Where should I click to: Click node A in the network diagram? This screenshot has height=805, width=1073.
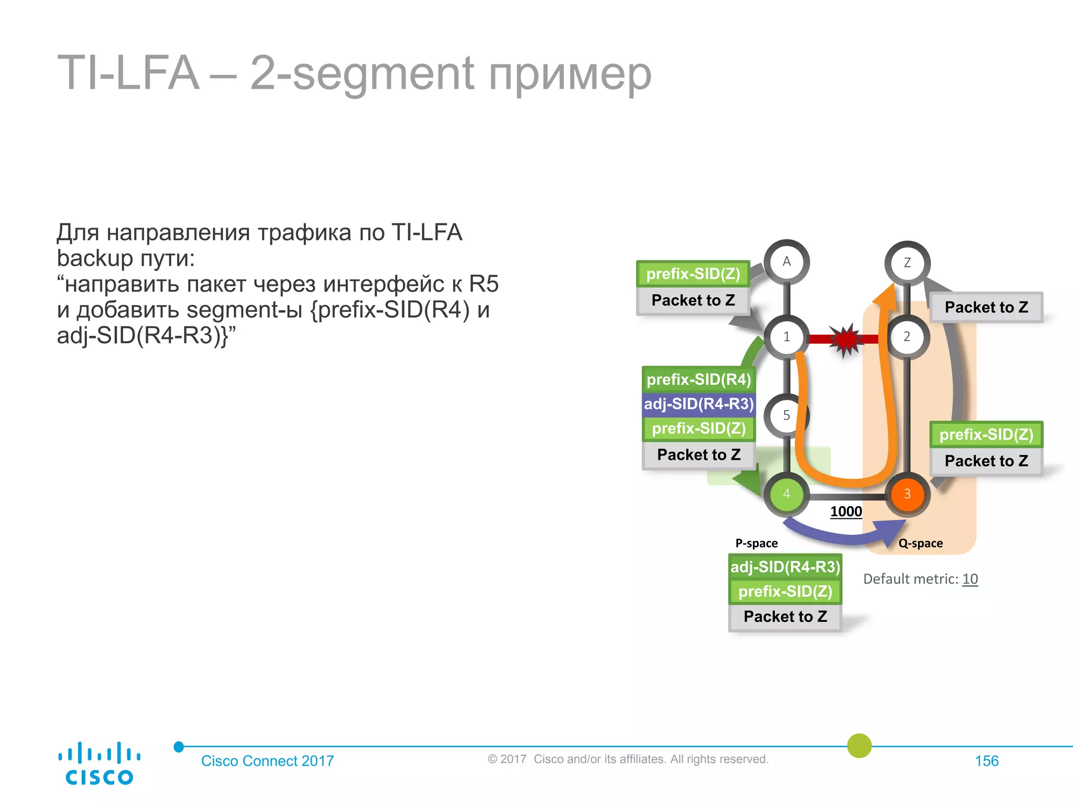(x=786, y=262)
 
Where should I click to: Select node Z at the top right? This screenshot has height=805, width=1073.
(x=907, y=263)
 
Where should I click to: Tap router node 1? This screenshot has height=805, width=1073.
(x=786, y=337)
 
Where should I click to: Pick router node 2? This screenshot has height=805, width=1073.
(x=907, y=337)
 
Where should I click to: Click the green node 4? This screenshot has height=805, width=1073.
(x=786, y=494)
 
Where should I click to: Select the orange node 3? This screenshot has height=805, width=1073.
(x=907, y=494)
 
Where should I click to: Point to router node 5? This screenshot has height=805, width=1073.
(x=786, y=416)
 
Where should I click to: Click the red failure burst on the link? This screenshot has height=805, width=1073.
(x=845, y=340)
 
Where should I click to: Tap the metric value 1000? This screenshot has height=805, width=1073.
(x=846, y=512)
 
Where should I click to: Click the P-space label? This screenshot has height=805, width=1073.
(x=757, y=543)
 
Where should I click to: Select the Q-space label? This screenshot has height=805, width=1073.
(x=921, y=543)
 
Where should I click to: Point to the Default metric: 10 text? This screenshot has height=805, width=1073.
(x=921, y=579)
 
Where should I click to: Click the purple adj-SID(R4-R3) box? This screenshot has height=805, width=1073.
(x=698, y=404)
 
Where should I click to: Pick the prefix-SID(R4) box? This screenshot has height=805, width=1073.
(x=698, y=379)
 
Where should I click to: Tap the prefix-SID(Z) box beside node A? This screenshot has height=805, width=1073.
(x=693, y=274)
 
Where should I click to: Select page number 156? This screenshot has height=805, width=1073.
(x=987, y=761)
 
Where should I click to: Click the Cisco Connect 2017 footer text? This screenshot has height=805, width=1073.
(x=267, y=761)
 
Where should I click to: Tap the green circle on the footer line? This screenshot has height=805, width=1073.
(x=859, y=746)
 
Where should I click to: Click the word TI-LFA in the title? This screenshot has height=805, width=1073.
(x=128, y=73)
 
